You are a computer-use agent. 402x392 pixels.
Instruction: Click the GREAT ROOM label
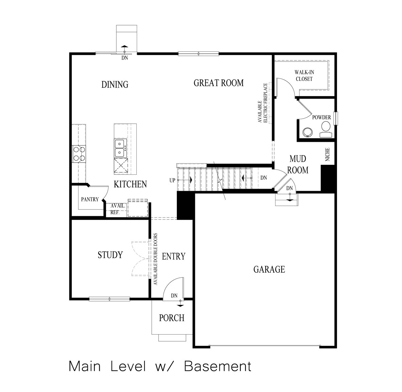[218, 83]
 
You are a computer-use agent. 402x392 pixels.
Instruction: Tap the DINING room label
[115, 84]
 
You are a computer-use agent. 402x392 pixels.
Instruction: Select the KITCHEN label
[130, 184]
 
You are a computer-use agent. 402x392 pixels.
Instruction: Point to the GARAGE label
[269, 270]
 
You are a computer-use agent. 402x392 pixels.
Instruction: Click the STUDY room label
[110, 255]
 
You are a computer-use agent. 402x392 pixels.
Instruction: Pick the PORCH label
[172, 318]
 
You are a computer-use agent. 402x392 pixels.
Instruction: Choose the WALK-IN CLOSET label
[303, 75]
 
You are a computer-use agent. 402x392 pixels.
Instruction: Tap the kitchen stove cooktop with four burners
[79, 153]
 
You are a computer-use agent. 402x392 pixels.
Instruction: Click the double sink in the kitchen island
[120, 148]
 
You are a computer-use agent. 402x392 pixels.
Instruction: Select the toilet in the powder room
[325, 129]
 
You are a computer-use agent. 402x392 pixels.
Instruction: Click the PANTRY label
[89, 200]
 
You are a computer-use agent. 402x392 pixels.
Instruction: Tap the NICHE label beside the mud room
[328, 154]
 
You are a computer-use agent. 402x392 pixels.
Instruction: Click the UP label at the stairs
[172, 181]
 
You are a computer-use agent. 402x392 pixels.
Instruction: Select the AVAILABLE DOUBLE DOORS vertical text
[155, 258]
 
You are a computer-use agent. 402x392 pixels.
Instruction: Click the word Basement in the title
[218, 367]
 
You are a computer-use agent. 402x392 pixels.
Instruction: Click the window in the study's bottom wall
[110, 299]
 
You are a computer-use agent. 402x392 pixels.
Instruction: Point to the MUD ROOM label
[298, 164]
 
